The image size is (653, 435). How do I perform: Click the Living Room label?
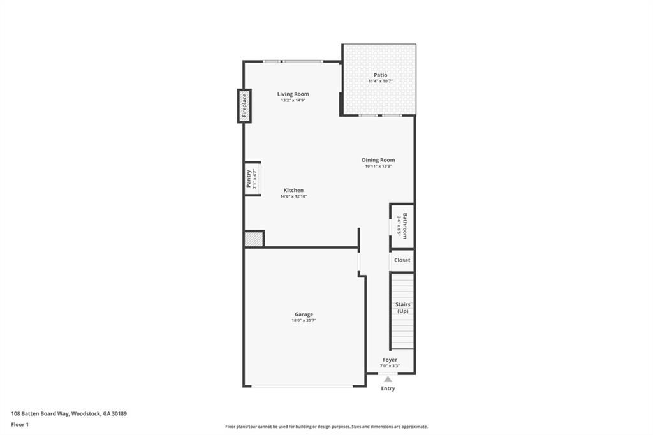point(293,94)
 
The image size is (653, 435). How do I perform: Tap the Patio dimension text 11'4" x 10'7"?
point(380,82)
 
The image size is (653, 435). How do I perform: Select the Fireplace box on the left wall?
point(244,106)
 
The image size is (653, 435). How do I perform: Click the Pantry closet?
point(252,179)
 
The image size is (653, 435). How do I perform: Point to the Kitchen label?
point(293,190)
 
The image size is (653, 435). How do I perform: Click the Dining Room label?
point(378,160)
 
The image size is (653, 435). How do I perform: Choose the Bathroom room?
point(402,225)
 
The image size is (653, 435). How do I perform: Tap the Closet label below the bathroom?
point(402,260)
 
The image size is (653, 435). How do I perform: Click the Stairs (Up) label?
point(402,307)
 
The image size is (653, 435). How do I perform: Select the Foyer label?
point(390,360)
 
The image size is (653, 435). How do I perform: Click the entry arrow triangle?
point(388,379)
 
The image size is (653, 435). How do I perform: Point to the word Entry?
point(388,388)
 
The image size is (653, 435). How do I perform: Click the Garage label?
point(304,314)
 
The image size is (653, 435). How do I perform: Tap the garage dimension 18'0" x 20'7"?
point(304,321)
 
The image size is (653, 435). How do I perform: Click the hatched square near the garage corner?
point(253,239)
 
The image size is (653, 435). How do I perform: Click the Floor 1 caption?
point(20,424)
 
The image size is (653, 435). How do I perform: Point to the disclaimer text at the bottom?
point(326,427)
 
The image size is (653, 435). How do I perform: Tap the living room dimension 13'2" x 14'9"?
point(293,101)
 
